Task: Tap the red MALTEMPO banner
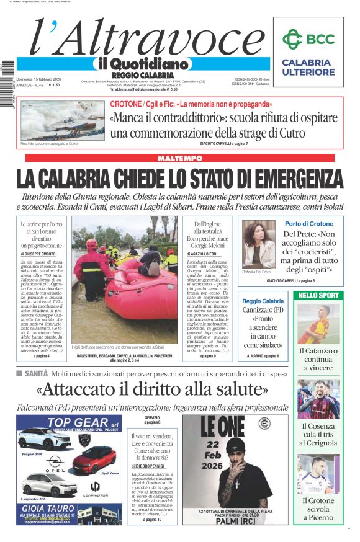point(180,159)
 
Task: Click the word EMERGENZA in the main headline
point(277,179)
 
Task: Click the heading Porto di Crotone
point(309,224)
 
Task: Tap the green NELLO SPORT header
point(317,295)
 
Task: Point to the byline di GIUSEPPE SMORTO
point(42,254)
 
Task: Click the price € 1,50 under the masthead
point(55,85)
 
